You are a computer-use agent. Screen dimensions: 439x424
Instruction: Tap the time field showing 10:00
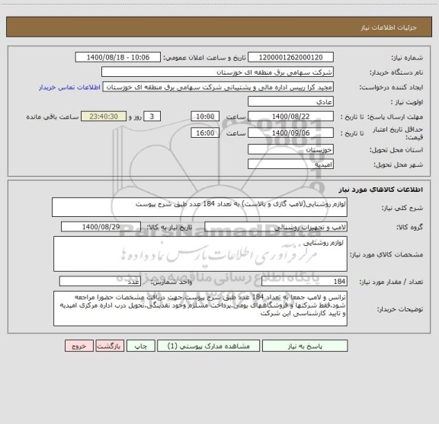[204, 116]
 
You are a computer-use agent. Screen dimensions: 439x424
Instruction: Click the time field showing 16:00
[204, 132]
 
